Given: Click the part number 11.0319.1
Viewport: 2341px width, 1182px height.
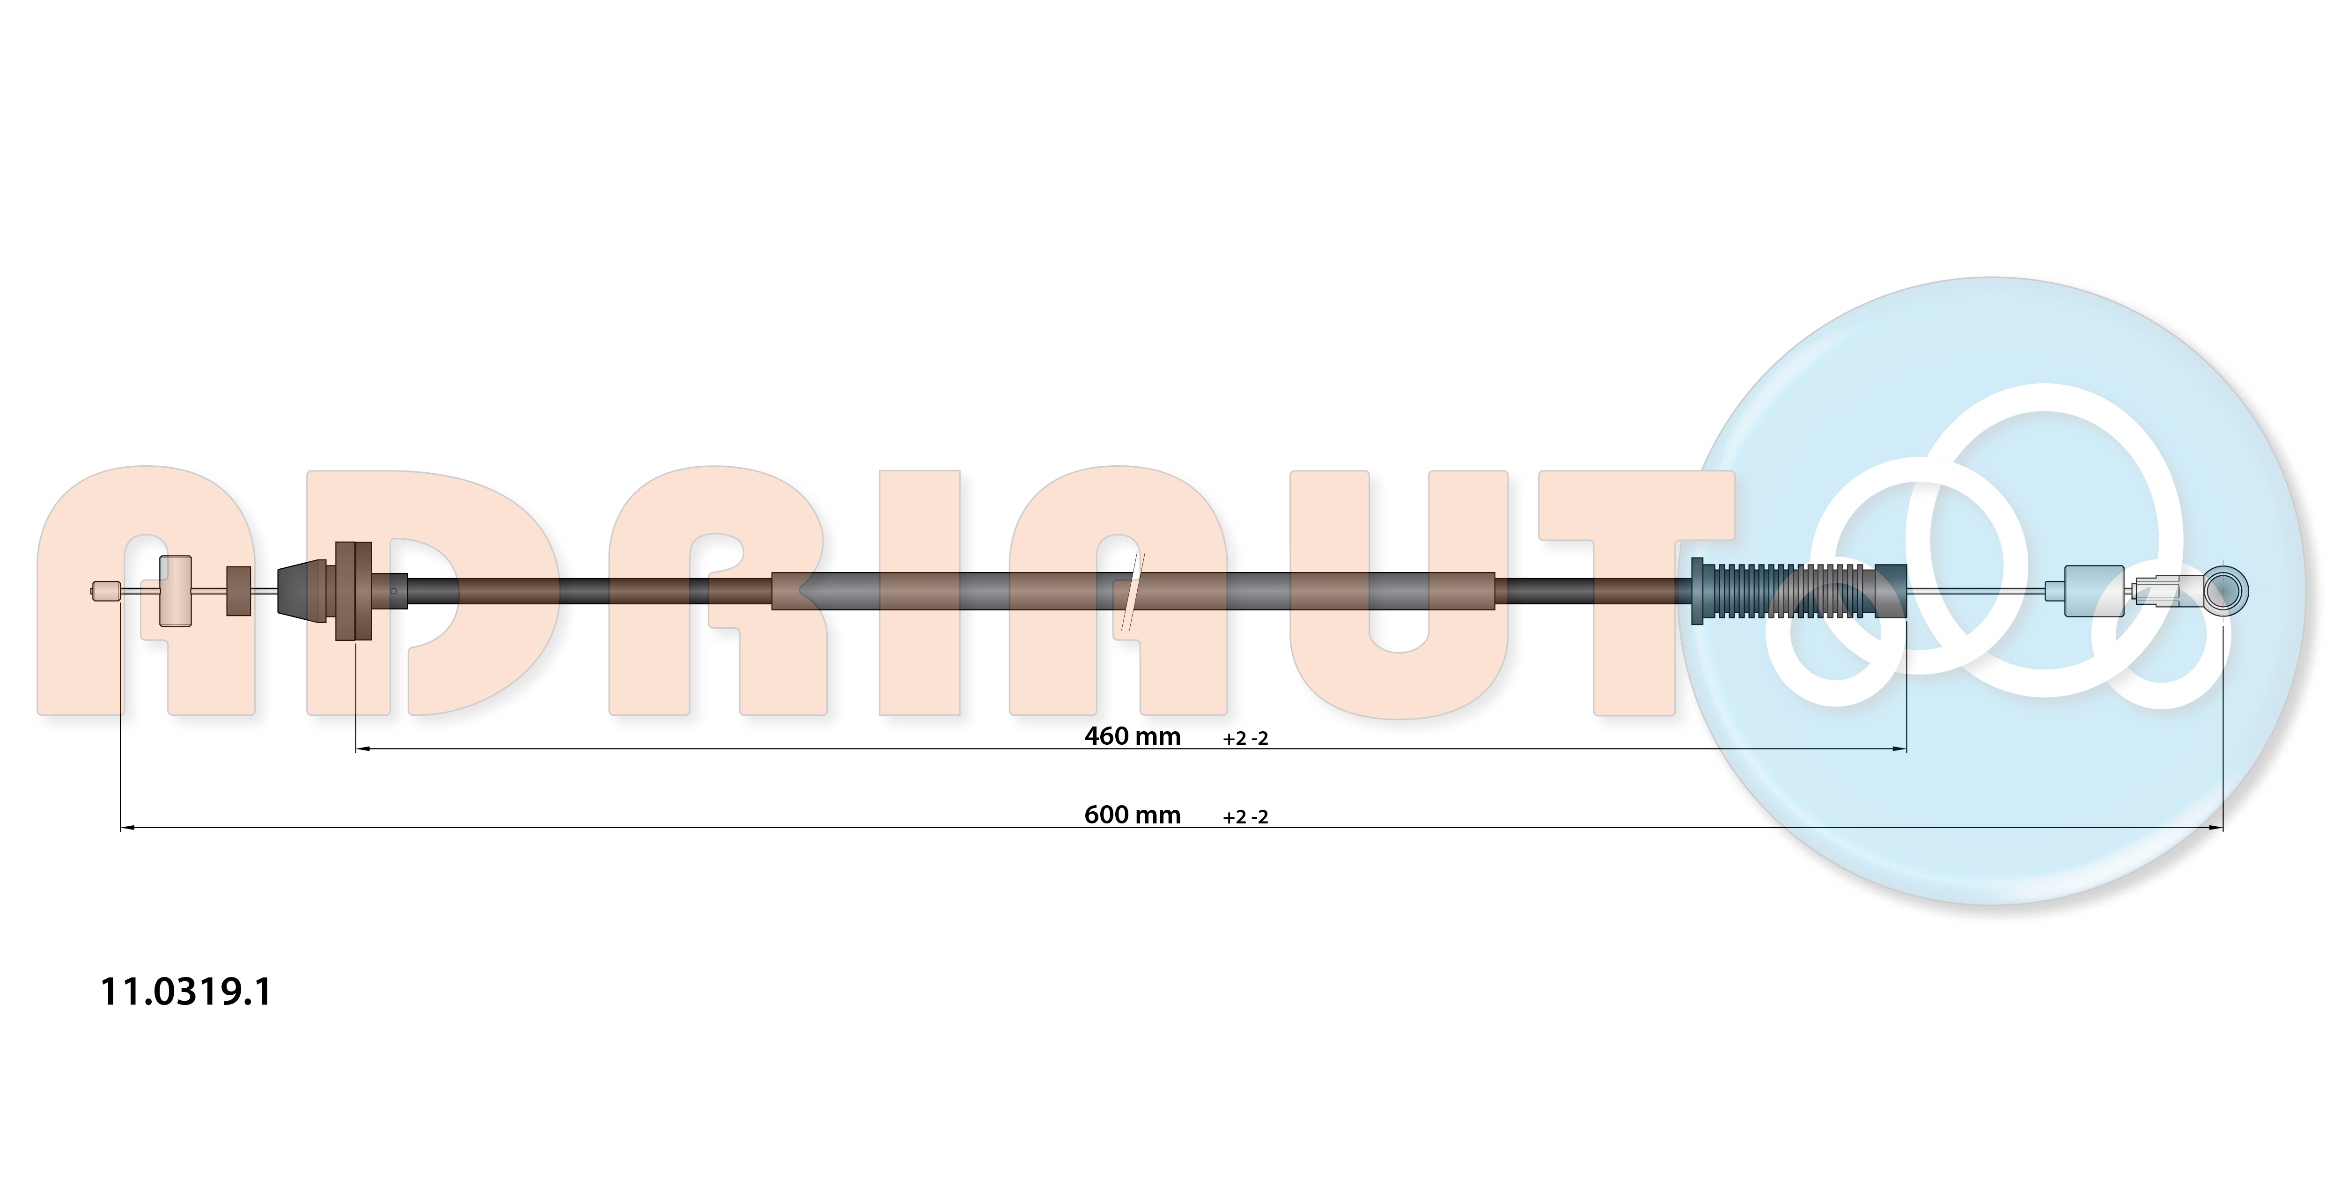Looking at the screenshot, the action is coord(185,991).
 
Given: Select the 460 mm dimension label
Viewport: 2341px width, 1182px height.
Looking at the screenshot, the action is coord(1132,736).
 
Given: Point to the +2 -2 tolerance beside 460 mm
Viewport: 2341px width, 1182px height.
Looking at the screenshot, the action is coord(1245,739).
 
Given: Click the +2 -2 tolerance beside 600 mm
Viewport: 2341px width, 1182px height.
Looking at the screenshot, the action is coord(1245,817).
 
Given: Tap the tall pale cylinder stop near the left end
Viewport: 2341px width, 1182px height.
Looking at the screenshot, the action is coord(176,591).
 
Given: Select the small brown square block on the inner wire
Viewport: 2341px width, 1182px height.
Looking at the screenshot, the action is coord(238,591).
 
